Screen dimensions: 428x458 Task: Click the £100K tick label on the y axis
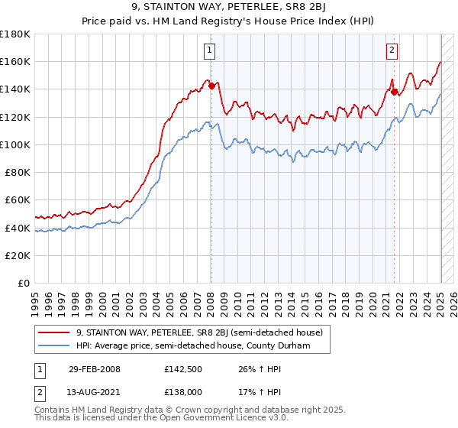(x=15, y=144)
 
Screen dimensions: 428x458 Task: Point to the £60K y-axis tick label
(x=18, y=200)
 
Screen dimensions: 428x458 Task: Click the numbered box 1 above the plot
(x=209, y=51)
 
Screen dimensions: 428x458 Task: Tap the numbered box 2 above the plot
(x=392, y=51)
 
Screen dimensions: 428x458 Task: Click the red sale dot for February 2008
(x=211, y=86)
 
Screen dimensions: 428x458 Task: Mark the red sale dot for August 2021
(x=395, y=92)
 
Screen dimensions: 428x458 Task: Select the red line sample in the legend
(x=54, y=332)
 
